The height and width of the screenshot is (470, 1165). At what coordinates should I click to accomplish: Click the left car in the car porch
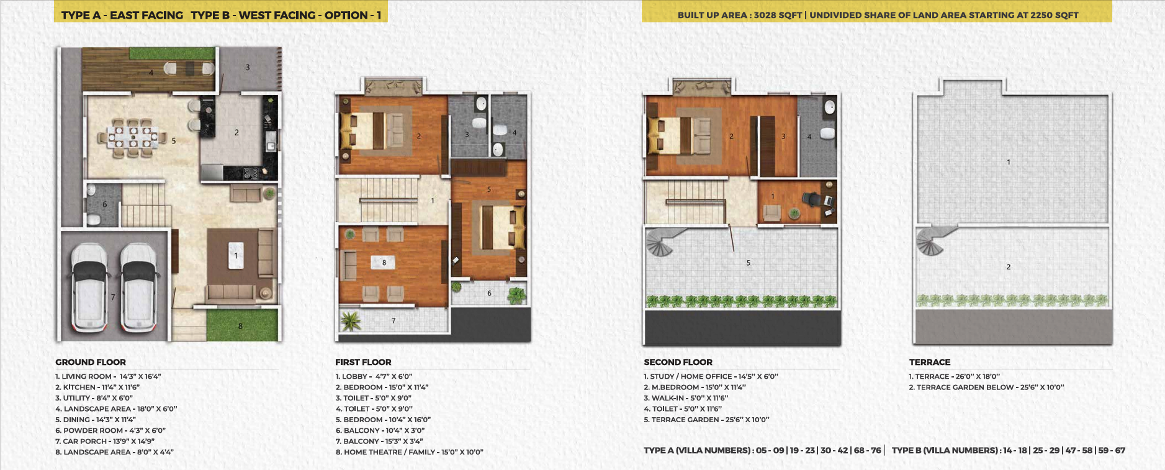(x=88, y=286)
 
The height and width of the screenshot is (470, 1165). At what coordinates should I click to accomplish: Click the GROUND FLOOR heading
(x=91, y=362)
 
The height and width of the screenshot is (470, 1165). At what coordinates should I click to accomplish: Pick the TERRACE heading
(x=930, y=362)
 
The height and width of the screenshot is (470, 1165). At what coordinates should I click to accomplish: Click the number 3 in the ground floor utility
(x=248, y=67)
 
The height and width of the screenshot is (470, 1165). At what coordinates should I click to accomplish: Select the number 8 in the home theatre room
(x=384, y=263)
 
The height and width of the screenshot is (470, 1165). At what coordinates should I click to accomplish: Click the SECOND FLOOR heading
(x=678, y=362)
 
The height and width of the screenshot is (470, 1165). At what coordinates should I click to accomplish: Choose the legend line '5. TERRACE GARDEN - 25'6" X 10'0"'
(x=706, y=420)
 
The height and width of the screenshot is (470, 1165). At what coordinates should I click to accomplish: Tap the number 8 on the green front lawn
(x=240, y=326)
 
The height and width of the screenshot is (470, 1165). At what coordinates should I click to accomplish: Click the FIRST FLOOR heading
(x=363, y=362)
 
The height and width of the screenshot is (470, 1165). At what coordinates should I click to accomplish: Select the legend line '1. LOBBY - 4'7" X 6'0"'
(x=374, y=376)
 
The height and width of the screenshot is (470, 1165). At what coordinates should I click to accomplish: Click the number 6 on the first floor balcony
(x=489, y=293)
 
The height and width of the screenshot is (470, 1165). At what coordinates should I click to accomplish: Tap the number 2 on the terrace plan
(x=1009, y=267)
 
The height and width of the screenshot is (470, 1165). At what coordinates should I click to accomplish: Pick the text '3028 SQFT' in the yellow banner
(x=778, y=15)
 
